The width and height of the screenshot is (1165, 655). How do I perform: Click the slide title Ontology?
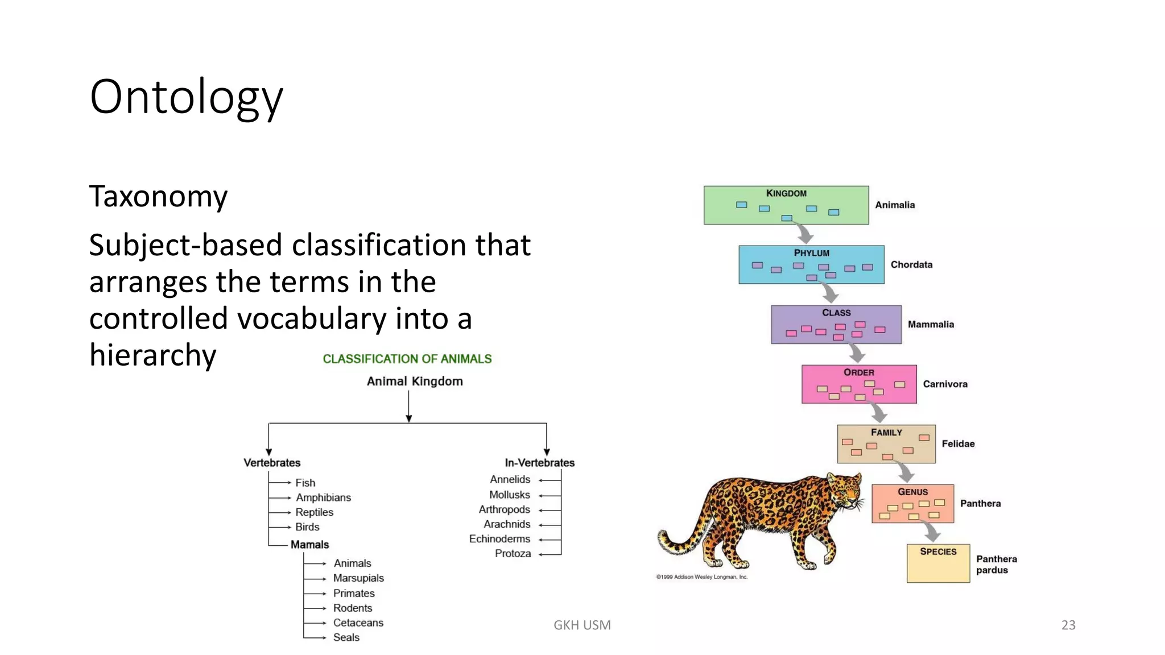click(186, 97)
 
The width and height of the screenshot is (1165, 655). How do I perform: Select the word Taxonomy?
click(158, 197)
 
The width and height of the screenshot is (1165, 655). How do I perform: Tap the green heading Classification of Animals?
click(407, 359)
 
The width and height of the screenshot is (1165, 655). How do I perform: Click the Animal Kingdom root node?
click(415, 382)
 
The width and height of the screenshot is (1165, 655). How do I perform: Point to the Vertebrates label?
click(272, 463)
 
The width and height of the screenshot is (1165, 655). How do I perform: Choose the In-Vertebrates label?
click(539, 463)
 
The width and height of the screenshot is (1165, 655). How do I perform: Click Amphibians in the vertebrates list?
click(323, 498)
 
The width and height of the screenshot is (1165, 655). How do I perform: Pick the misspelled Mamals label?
click(309, 545)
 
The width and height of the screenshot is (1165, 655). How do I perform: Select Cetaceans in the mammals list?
click(358, 623)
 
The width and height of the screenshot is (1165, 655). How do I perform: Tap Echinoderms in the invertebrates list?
click(499, 539)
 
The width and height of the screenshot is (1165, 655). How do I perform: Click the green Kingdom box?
click(786, 205)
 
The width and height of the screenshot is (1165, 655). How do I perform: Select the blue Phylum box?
click(811, 265)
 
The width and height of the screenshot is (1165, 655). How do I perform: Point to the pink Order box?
click(858, 384)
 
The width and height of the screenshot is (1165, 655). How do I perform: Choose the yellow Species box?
click(938, 563)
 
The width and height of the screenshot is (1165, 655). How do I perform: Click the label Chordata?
click(911, 265)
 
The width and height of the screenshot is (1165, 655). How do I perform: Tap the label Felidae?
click(958, 444)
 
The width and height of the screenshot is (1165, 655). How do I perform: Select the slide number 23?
click(1068, 625)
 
